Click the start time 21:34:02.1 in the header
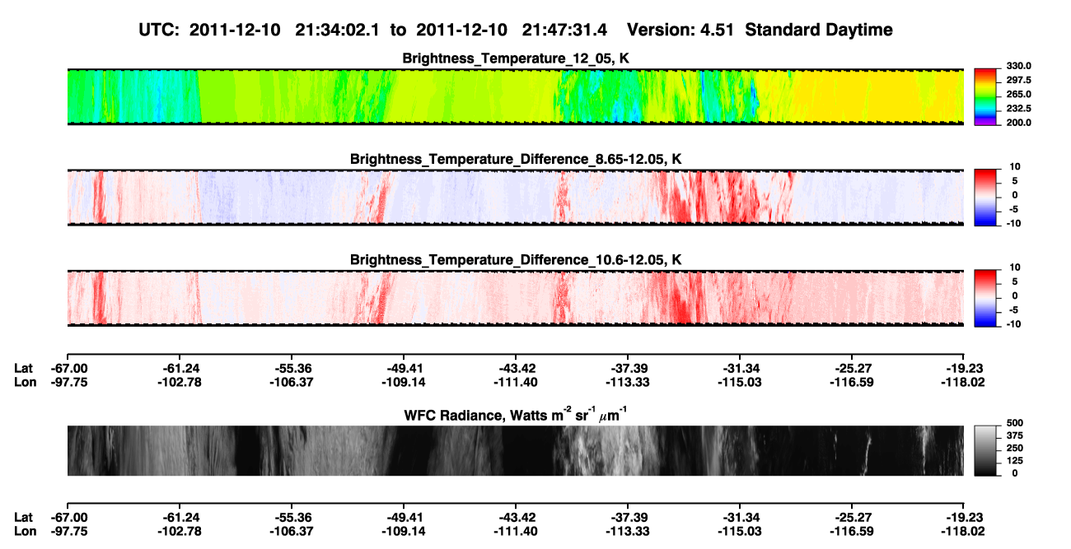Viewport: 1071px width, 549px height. [337, 30]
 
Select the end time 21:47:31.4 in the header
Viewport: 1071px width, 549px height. [564, 30]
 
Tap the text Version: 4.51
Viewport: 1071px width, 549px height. [680, 30]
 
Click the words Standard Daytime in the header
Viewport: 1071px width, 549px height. [819, 30]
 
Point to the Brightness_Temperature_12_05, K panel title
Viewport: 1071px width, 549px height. [516, 58]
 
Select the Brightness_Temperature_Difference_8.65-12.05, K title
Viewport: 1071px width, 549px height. [516, 159]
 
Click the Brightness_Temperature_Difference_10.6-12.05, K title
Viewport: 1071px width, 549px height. [516, 260]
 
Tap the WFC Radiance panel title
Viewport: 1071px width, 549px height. [516, 415]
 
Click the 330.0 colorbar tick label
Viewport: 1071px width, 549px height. [1018, 66]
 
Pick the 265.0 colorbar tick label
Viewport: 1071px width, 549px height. [1018, 94]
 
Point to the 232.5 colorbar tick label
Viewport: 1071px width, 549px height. [1018, 109]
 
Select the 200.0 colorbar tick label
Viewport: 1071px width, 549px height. [1018, 123]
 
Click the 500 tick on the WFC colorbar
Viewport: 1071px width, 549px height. [1014, 423]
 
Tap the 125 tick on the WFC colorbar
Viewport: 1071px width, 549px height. [1014, 461]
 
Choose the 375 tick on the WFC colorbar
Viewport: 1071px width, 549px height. [1014, 435]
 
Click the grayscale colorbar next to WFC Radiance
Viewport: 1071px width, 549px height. [985, 450]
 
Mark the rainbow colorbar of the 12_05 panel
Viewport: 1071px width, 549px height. [985, 97]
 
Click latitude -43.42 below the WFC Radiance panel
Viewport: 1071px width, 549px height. [516, 518]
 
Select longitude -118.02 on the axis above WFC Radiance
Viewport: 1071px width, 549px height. [963, 382]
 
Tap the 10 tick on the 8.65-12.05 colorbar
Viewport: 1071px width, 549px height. [1015, 167]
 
